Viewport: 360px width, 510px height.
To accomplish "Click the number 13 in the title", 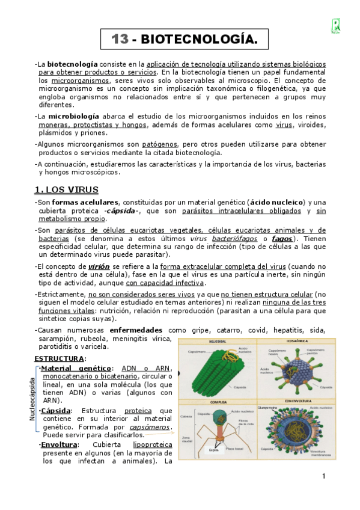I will point(120,40).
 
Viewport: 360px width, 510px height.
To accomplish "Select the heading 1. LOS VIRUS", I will point(66,190).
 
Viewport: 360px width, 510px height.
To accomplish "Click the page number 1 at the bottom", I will point(323,478).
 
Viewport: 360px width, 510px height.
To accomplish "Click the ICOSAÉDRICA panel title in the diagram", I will point(293,342).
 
